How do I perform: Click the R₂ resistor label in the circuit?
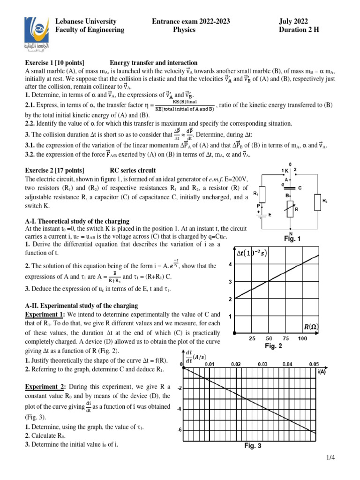pos(325,201)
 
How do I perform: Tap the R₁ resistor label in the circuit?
pos(255,193)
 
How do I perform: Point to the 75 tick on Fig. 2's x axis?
pos(285,338)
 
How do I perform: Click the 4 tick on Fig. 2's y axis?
pos(230,265)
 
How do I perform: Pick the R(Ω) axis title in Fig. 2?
pos(309,325)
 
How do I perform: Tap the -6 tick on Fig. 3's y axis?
pos(179,430)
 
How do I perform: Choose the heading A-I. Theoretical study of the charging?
pos(77,221)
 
